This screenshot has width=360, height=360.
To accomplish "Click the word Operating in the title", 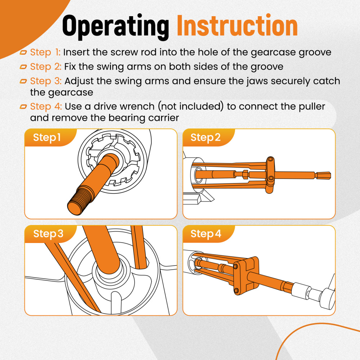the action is pyautogui.click(x=116, y=27).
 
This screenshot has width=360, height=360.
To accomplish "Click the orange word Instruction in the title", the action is pyautogui.click(x=237, y=25).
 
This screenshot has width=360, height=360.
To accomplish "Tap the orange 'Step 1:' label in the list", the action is pyautogui.click(x=45, y=53).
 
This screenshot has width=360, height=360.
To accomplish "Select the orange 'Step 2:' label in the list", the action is pyautogui.click(x=46, y=67).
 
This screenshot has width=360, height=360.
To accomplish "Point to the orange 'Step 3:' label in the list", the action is pyautogui.click(x=46, y=81).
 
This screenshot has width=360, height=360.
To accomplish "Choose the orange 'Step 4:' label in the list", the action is pyautogui.click(x=46, y=107).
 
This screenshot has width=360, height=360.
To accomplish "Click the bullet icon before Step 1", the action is pyautogui.click(x=23, y=53).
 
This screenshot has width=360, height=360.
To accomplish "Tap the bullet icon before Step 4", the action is pyautogui.click(x=23, y=107).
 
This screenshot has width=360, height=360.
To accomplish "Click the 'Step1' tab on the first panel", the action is pyautogui.click(x=47, y=138).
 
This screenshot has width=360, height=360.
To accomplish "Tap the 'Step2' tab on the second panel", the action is pyautogui.click(x=206, y=138).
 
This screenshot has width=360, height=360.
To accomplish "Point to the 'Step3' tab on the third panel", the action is pyautogui.click(x=48, y=234).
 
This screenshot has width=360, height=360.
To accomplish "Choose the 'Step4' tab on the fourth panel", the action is pyautogui.click(x=206, y=234).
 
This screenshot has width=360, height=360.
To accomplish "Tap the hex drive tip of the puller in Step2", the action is pyautogui.click(x=323, y=176).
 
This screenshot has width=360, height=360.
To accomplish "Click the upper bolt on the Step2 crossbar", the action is pyautogui.click(x=271, y=159).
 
